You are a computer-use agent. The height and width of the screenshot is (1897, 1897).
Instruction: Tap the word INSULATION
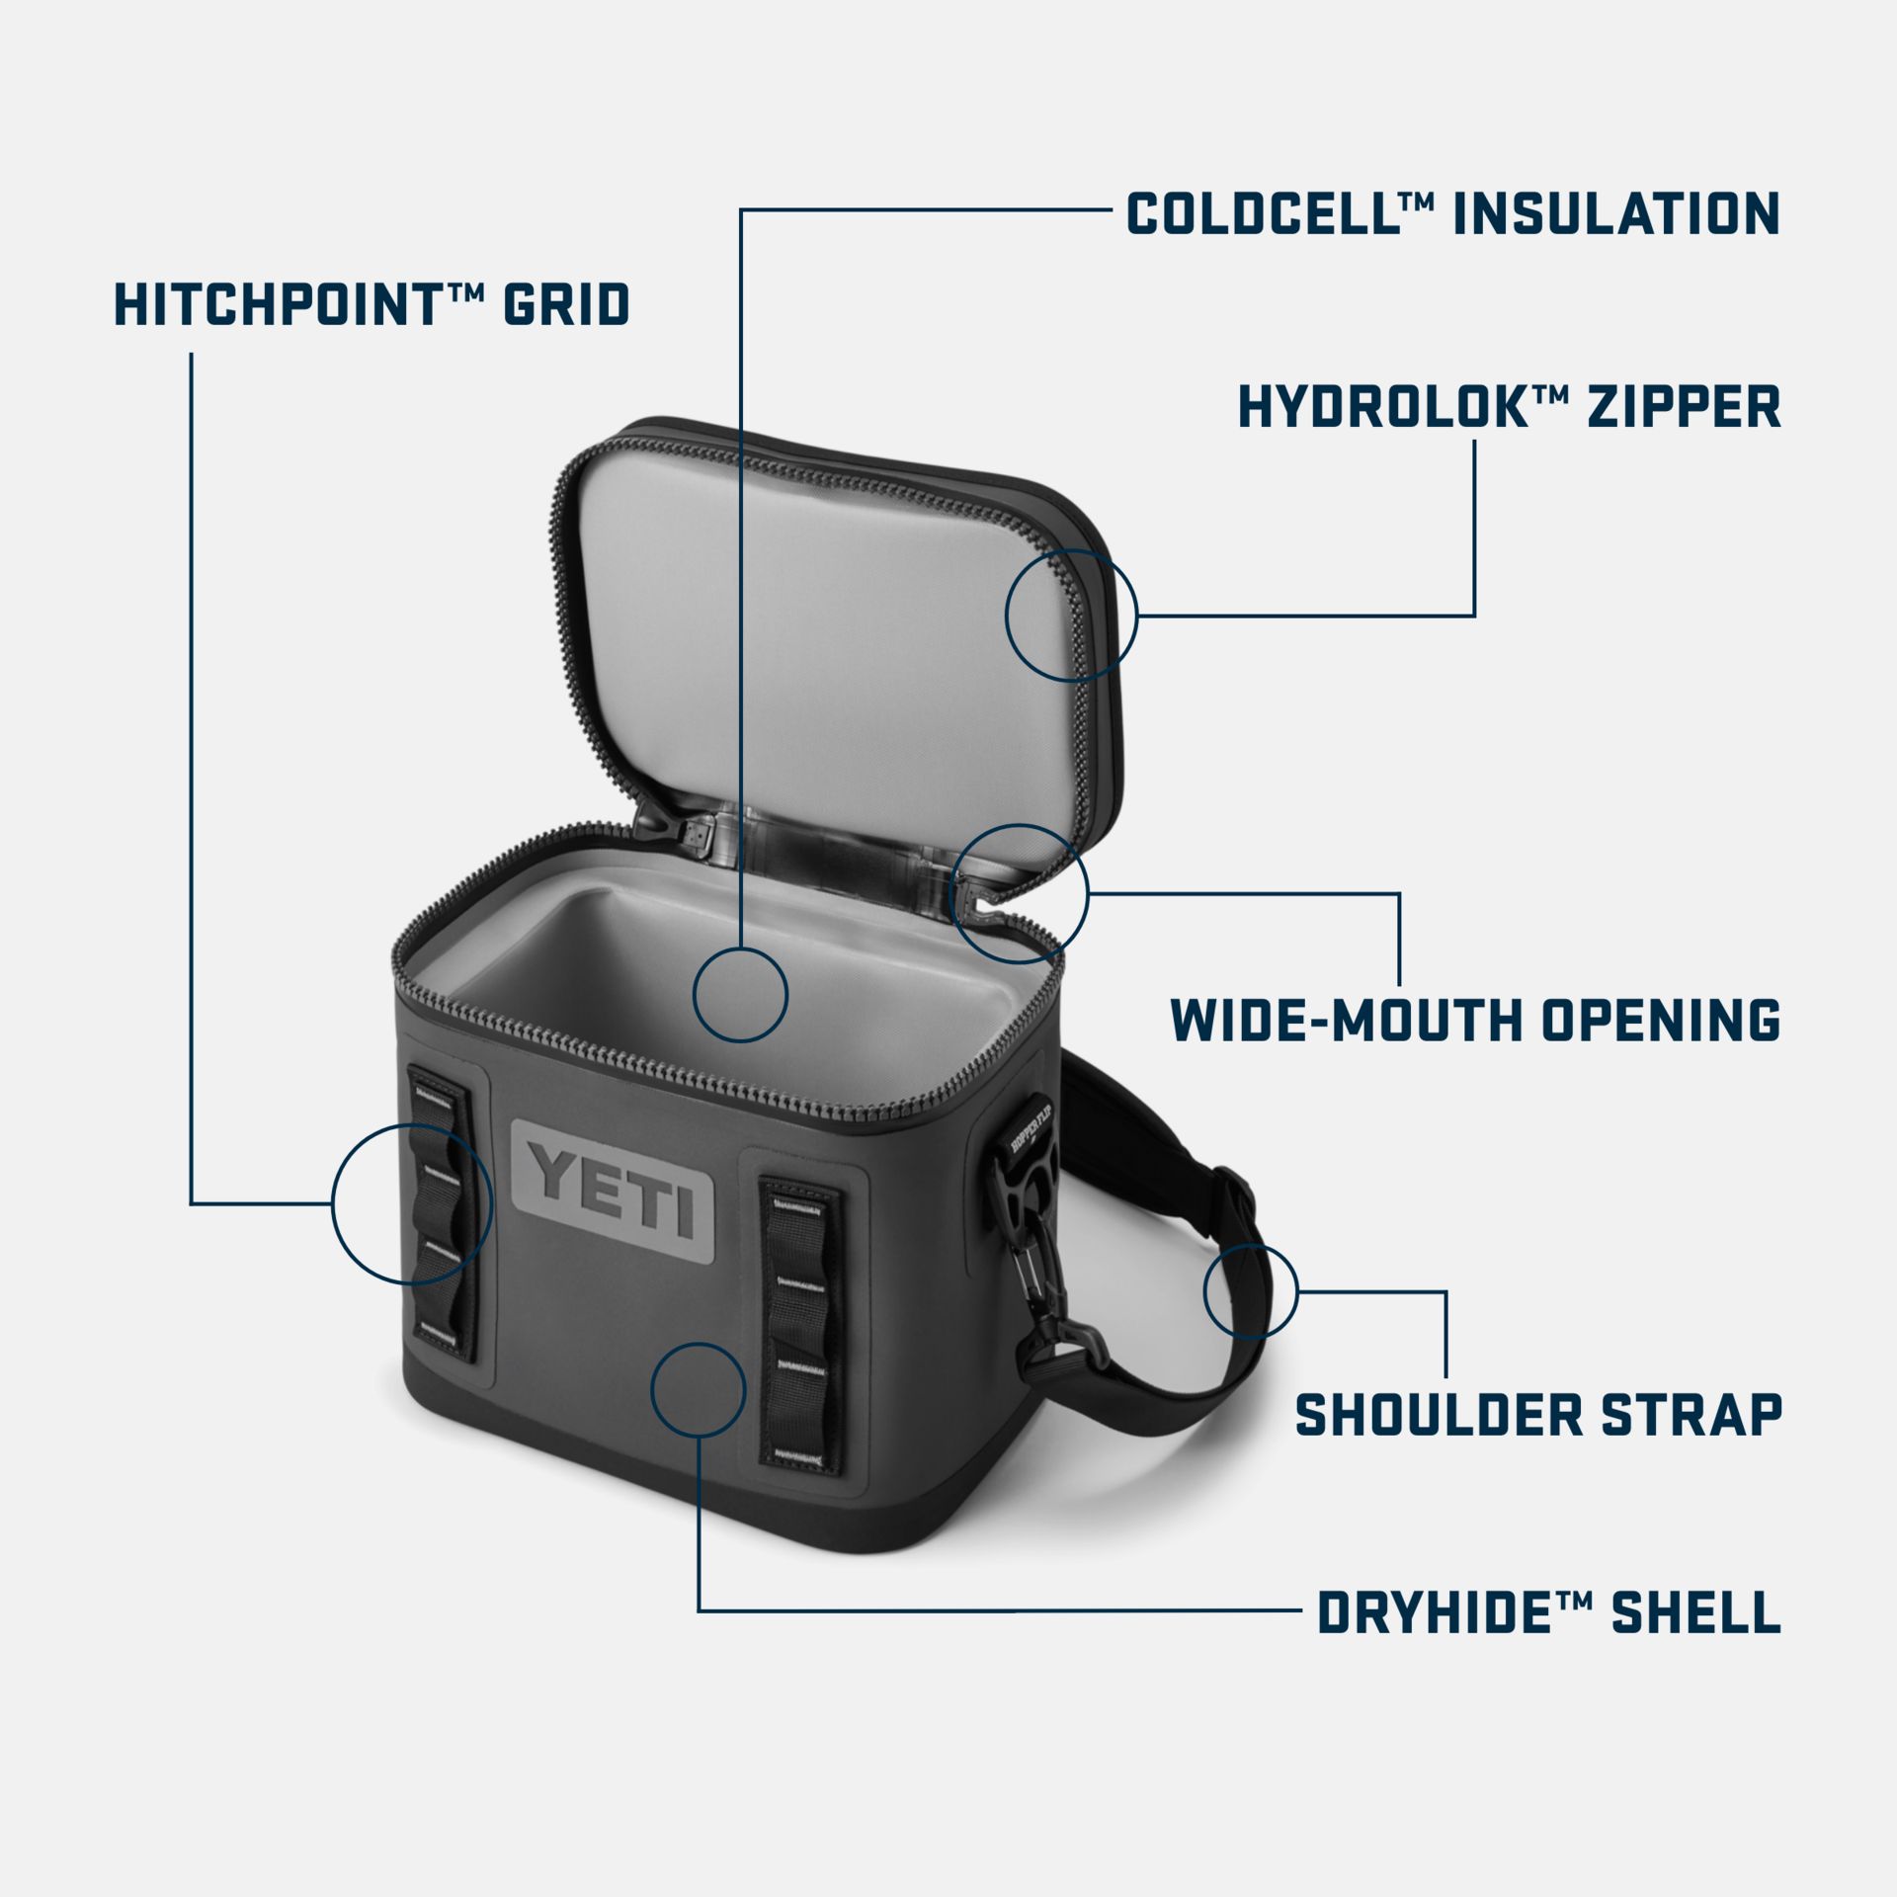[1616, 214]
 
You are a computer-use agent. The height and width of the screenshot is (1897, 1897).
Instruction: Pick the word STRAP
[1691, 1415]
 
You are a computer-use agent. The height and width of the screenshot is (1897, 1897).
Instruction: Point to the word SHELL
[1695, 1613]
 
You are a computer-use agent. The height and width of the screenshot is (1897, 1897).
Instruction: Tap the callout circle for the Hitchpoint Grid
[412, 1203]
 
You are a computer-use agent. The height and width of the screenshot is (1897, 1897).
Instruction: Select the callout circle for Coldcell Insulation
[740, 994]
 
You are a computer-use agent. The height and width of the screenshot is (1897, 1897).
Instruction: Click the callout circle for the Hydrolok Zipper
[1072, 615]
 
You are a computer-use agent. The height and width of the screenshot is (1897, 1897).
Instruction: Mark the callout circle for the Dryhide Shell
[699, 1389]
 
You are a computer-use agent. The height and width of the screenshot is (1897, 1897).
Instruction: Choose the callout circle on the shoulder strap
[1250, 1291]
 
